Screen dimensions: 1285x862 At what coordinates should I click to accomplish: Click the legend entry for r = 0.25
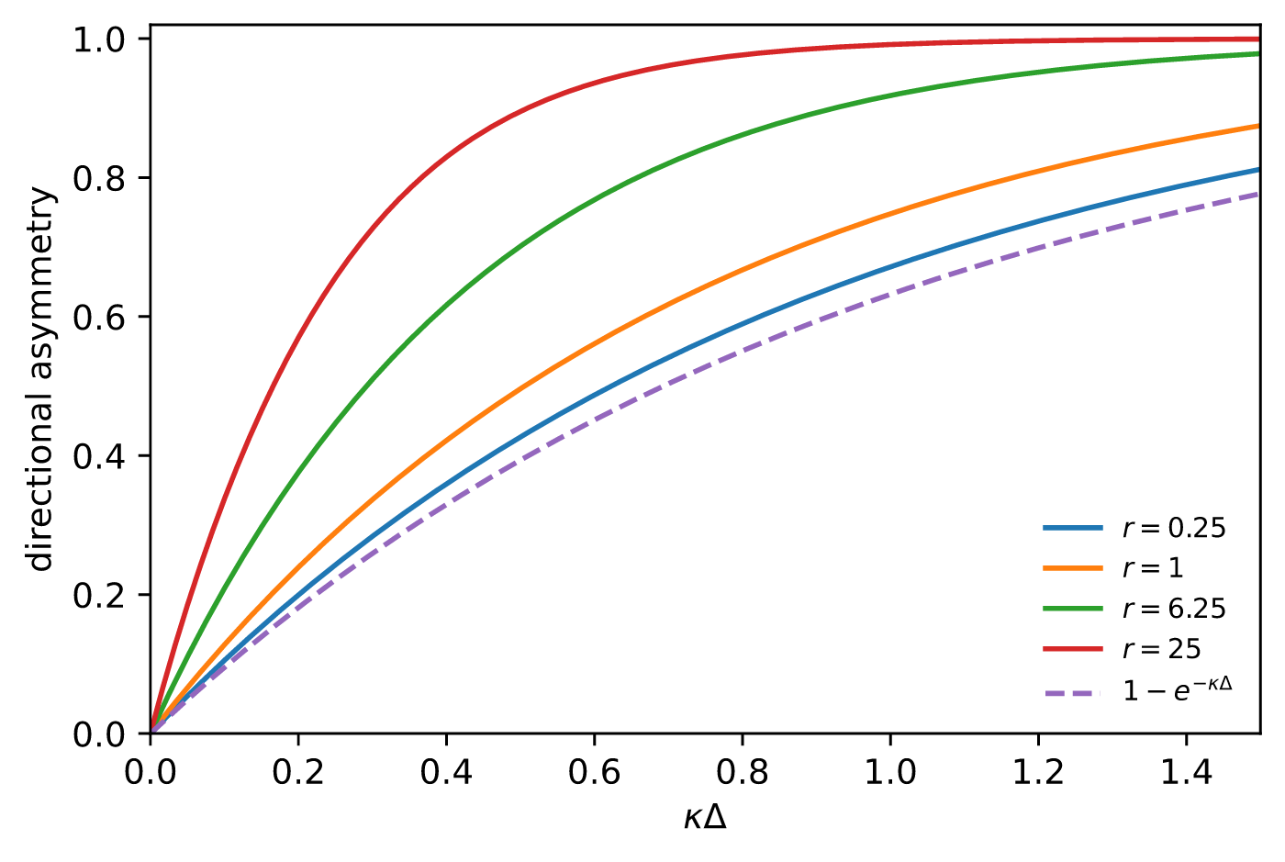1134,529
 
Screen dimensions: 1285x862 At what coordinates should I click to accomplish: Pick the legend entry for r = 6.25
1134,609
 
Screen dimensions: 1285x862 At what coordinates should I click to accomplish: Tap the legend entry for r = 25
1122,649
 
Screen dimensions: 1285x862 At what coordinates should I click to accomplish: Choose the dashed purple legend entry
1138,690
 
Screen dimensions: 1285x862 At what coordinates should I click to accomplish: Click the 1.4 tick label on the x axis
1186,772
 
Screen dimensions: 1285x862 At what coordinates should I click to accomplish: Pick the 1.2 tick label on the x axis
1038,772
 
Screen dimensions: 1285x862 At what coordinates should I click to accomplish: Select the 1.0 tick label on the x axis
890,772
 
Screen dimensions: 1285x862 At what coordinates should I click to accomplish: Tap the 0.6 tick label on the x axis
595,772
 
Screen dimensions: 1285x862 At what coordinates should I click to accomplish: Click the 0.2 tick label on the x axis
298,772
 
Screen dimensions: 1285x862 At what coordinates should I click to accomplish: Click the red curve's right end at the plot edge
1259,39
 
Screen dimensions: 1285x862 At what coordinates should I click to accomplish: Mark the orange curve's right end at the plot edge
1259,126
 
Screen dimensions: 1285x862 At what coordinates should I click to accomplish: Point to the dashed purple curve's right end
1259,194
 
